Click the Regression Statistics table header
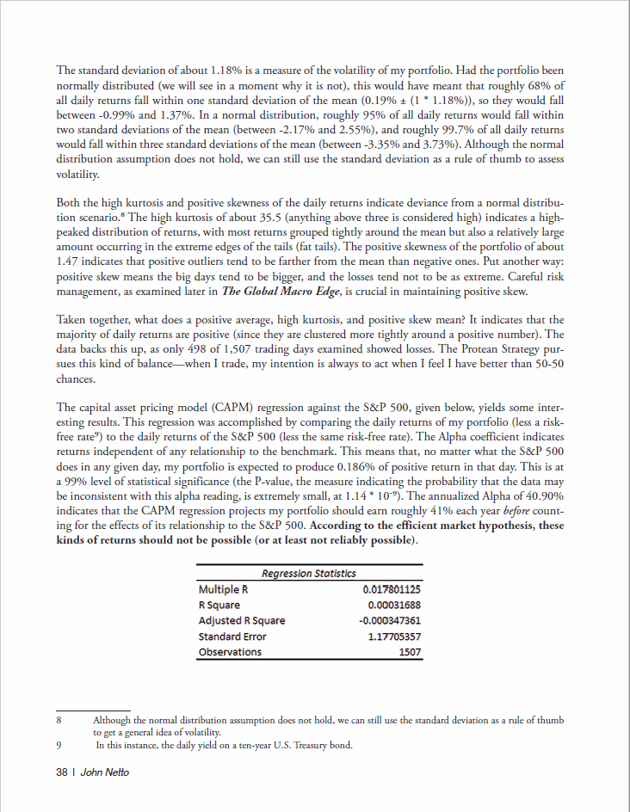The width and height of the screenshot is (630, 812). pyautogui.click(x=308, y=574)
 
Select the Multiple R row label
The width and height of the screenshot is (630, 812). pyautogui.click(x=222, y=589)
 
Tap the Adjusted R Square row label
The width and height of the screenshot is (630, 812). pyautogui.click(x=241, y=620)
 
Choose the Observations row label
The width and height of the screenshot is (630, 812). pyautogui.click(x=230, y=652)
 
